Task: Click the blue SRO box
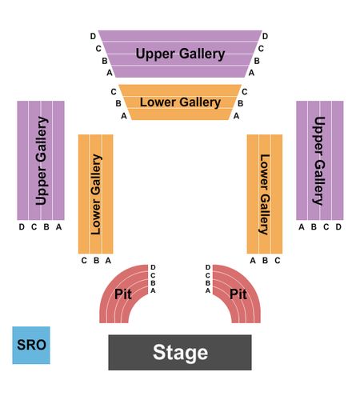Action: [x=31, y=345]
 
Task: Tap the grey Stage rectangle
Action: [x=180, y=352]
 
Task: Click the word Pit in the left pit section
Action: [x=123, y=294]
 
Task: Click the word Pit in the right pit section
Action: [x=238, y=294]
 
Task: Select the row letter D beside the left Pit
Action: [x=153, y=267]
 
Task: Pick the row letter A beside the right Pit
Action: [x=208, y=290]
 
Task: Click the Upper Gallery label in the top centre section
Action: [x=180, y=54]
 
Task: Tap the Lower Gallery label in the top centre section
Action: [x=180, y=102]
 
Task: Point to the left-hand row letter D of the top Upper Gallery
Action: [x=93, y=36]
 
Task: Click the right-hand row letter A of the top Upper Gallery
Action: [x=251, y=73]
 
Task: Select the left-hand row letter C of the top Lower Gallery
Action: [x=114, y=92]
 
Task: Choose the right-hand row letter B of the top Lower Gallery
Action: [x=240, y=103]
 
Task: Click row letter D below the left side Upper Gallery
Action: [x=22, y=227]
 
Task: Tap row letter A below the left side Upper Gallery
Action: [x=58, y=227]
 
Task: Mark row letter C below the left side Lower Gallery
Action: [x=84, y=260]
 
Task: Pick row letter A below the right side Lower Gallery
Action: [x=253, y=260]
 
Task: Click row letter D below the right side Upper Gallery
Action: [x=338, y=227]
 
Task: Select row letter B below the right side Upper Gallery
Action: [x=314, y=227]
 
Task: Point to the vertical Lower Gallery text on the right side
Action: [x=265, y=194]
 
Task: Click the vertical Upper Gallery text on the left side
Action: [x=42, y=161]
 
